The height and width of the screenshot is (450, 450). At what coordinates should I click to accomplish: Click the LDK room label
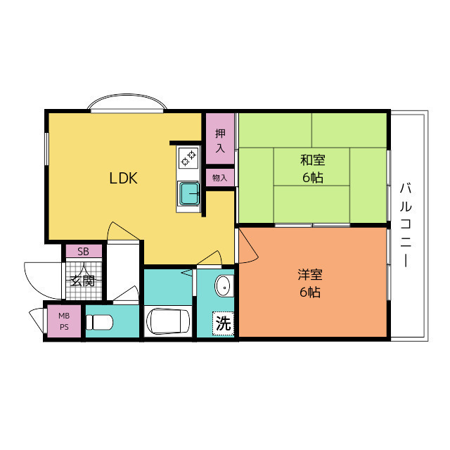pyautogui.click(x=123, y=179)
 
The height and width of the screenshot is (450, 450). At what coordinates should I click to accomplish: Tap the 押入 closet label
pyautogui.click(x=220, y=141)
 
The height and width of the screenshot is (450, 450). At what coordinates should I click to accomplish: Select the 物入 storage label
pyautogui.click(x=220, y=178)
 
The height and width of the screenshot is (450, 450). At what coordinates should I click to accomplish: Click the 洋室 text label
pyautogui.click(x=309, y=275)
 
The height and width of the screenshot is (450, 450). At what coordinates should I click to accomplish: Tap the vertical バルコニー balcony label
pyautogui.click(x=406, y=224)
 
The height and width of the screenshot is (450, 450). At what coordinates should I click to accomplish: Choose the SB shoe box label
pyautogui.click(x=83, y=251)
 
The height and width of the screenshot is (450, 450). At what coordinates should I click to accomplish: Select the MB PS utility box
pyautogui.click(x=64, y=322)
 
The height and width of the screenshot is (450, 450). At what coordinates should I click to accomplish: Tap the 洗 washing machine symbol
pyautogui.click(x=223, y=324)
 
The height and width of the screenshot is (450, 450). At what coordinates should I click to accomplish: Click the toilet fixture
pyautogui.click(x=100, y=322)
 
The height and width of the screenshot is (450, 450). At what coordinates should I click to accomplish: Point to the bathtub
pyautogui.click(x=169, y=321)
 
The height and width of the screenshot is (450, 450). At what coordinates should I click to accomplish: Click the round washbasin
pyautogui.click(x=223, y=286)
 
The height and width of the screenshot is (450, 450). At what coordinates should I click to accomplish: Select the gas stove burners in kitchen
pyautogui.click(x=188, y=159)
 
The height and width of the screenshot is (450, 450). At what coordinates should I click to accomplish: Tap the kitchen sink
pyautogui.click(x=188, y=192)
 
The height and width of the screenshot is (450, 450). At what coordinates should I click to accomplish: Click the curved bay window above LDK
pyautogui.click(x=127, y=103)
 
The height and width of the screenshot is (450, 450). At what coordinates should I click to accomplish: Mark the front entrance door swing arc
pyautogui.click(x=39, y=276)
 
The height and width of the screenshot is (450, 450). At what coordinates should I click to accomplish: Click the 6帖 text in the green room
pyautogui.click(x=313, y=178)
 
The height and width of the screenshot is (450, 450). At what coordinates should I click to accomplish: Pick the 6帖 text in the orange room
pyautogui.click(x=309, y=292)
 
